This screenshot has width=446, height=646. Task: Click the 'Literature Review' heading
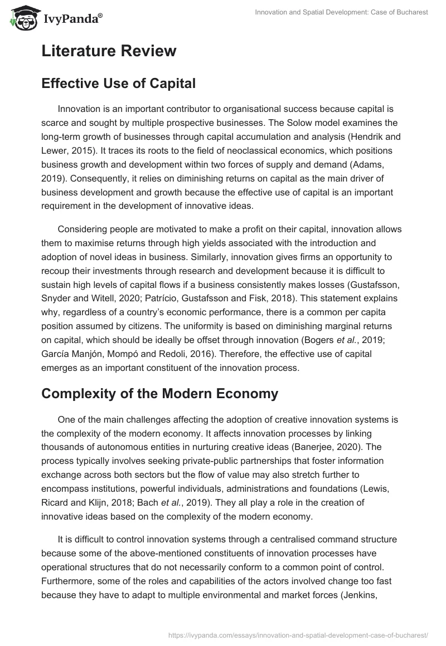pos(109,51)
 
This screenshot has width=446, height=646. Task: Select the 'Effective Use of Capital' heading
pos(118,83)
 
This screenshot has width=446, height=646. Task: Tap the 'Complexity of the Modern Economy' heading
pos(159,393)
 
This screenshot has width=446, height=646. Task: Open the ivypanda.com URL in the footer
pos(297,634)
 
